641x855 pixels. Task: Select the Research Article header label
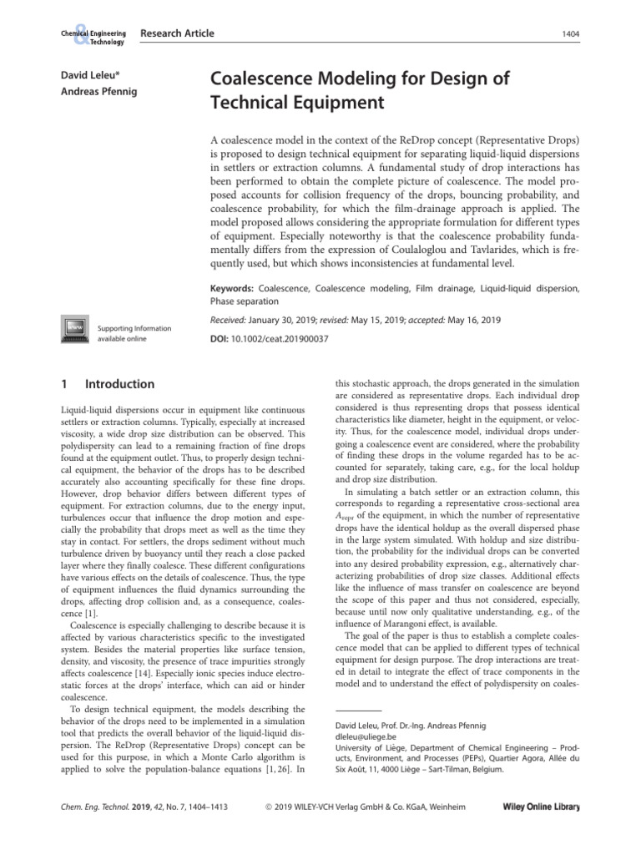point(177,33)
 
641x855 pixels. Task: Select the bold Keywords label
point(235,288)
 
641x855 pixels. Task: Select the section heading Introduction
point(120,384)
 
